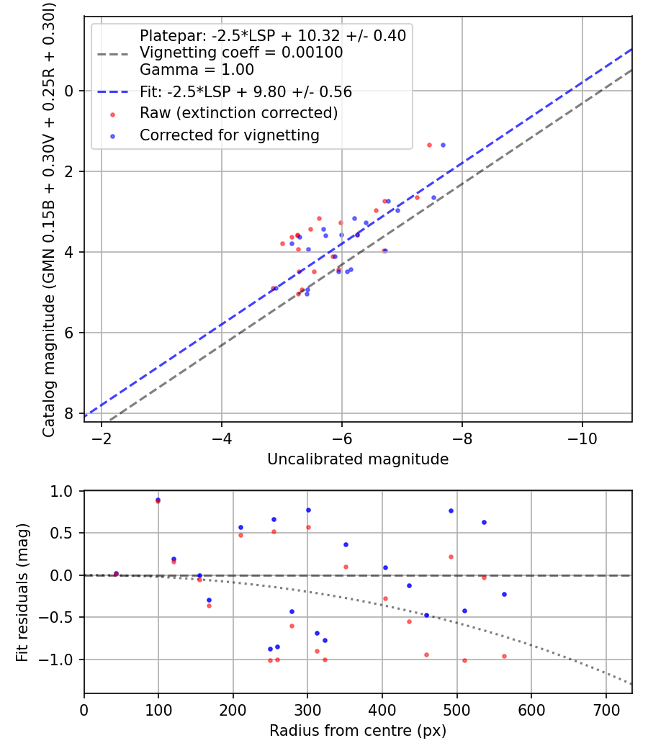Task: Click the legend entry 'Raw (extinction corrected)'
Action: (x=238, y=113)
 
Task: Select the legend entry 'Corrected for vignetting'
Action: (x=230, y=135)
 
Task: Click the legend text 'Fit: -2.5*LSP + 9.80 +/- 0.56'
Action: (x=246, y=91)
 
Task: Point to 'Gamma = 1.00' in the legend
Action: (x=197, y=70)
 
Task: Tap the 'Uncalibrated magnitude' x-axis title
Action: (x=358, y=459)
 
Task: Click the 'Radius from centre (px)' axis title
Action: (x=358, y=731)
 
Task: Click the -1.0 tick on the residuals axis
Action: (x=63, y=660)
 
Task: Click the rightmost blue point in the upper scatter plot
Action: (x=443, y=145)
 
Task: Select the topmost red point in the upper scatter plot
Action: (x=429, y=145)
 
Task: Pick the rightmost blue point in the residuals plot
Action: (x=504, y=594)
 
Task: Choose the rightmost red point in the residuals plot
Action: (x=504, y=656)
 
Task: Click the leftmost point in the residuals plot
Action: (x=116, y=574)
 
